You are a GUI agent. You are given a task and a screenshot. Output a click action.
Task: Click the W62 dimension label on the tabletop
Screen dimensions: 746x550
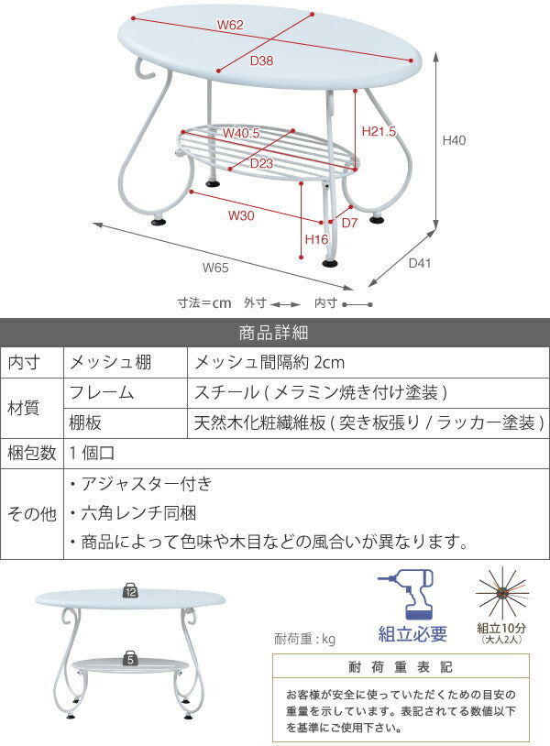coord(230,26)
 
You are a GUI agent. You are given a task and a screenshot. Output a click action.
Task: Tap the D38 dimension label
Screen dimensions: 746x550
coord(262,61)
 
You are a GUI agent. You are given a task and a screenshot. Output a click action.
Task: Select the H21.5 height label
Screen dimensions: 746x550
coord(379,132)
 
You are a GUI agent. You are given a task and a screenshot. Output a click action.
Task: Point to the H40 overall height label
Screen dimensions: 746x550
coord(455,140)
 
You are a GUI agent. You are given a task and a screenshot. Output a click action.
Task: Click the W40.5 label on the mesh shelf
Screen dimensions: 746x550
coord(242,133)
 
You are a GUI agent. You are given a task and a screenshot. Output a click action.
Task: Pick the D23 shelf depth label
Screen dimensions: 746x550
coord(262,163)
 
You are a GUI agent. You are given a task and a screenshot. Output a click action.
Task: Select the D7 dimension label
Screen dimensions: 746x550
coord(349,223)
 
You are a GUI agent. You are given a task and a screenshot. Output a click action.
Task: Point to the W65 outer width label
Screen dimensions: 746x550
coord(215,268)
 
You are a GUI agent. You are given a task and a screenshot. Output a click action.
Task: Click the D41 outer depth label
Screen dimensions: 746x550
coord(419,263)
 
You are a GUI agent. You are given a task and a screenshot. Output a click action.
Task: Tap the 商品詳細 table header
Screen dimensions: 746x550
coord(274,332)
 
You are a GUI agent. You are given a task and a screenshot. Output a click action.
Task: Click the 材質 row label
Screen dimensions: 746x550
coord(31,408)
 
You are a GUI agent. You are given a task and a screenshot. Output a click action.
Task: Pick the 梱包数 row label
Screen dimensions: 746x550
coord(31,452)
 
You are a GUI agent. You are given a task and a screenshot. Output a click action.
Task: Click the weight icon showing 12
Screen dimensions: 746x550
coord(130,592)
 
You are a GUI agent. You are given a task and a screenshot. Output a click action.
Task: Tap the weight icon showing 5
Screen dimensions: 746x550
coord(131,657)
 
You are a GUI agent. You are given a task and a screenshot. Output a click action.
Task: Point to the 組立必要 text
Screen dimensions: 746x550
coord(413,634)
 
